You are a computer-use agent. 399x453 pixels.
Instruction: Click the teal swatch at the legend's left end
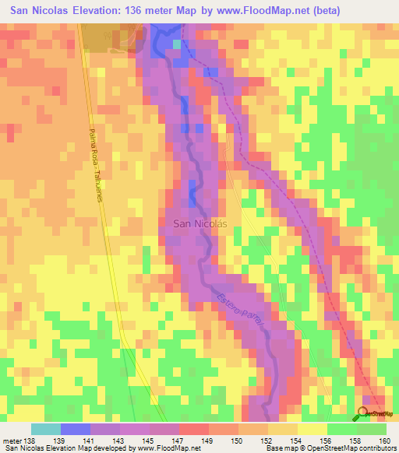(x=46, y=429)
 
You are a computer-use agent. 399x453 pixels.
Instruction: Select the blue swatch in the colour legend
(x=76, y=429)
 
